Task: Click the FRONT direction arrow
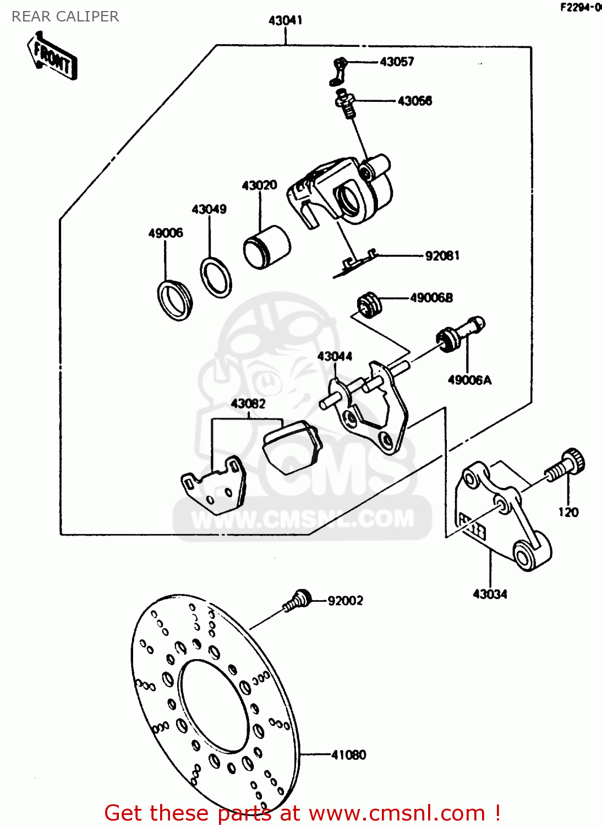(52, 57)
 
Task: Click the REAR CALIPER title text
(65, 17)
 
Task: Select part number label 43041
(285, 20)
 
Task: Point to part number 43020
(259, 185)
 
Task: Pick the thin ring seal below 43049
(215, 277)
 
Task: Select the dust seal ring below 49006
(175, 300)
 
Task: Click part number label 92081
(442, 256)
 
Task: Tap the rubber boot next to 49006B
(369, 305)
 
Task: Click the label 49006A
(469, 380)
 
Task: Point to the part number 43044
(335, 356)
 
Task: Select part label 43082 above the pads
(248, 404)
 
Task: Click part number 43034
(490, 594)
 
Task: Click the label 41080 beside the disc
(348, 754)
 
